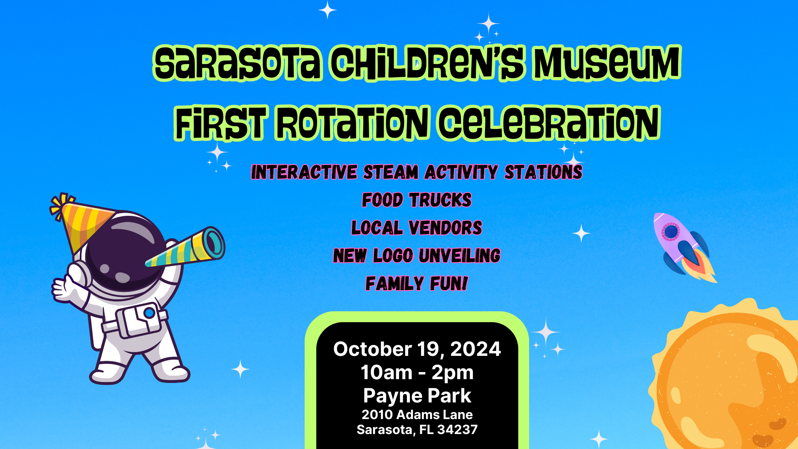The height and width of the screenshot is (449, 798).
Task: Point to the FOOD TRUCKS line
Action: click(x=417, y=200)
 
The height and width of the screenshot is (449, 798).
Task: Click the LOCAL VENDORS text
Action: click(x=417, y=228)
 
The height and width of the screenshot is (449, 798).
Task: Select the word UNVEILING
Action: click(x=460, y=256)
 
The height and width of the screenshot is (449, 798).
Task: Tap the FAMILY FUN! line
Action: click(x=417, y=284)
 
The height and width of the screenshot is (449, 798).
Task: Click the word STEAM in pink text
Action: click(x=391, y=172)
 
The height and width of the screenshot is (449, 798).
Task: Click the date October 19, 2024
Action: click(x=417, y=349)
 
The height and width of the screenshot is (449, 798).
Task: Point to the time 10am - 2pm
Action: click(x=417, y=372)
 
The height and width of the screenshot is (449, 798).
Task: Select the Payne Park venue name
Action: click(x=417, y=395)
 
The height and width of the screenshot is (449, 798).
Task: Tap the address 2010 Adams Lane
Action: click(x=417, y=414)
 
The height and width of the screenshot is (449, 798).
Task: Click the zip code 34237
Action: click(x=457, y=429)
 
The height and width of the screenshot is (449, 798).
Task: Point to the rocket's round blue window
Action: click(x=670, y=232)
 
